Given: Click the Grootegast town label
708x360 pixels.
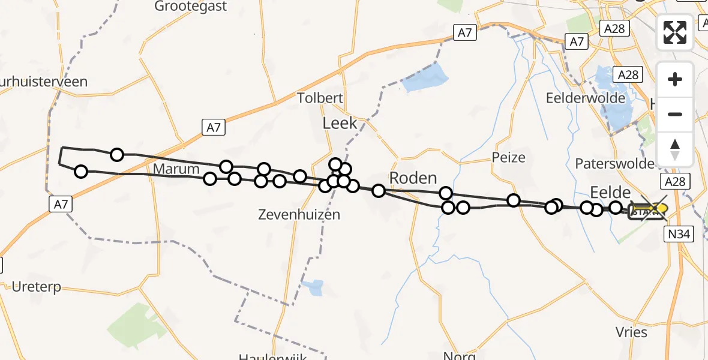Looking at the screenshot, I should [191, 7].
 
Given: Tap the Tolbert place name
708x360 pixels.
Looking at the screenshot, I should [320, 98].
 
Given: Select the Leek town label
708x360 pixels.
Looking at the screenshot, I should [340, 124].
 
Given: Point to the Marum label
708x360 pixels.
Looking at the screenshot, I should [176, 169].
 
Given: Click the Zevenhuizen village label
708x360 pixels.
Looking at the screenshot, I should [299, 214].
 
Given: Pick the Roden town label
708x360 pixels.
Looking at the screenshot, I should [413, 178].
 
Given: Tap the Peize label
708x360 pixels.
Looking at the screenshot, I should [508, 158].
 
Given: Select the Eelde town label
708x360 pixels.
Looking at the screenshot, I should [610, 192].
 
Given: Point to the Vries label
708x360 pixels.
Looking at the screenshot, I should [631, 332].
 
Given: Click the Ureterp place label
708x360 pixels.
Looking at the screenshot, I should [37, 287].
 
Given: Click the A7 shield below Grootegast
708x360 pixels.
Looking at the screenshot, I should [214, 127].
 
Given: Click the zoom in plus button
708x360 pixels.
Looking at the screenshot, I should [675, 79].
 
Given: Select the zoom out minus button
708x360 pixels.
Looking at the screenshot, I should [675, 114].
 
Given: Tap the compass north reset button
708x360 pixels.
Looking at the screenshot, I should [675, 149].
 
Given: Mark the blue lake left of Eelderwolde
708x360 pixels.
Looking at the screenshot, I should [426, 79].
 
